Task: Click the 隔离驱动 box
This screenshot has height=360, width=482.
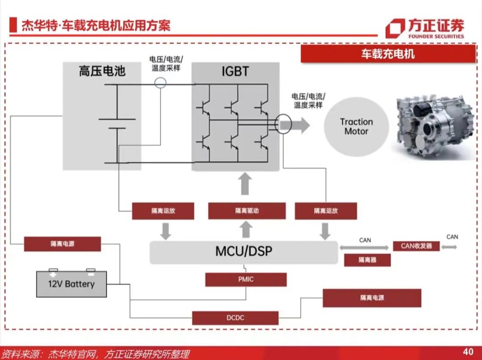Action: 247,211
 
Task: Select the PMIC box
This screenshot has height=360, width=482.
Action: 245,280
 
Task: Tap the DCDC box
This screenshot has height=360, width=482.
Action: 235,318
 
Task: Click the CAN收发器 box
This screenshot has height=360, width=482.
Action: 416,246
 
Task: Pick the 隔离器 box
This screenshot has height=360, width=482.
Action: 367,260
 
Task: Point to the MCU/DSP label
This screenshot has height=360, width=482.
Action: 243,251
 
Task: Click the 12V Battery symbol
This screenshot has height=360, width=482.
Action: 71,284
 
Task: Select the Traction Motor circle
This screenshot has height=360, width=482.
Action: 356,127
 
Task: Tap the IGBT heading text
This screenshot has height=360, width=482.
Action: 235,71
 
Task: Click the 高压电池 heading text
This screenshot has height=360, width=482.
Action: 102,71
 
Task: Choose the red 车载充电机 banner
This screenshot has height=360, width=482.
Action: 388,54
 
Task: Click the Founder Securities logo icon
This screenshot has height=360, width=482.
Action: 395,28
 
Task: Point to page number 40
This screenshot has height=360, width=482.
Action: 468,352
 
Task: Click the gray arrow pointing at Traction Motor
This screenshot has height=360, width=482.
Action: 301,125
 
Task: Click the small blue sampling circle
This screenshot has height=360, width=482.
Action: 160,82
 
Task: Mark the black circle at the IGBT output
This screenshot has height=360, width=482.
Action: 283,124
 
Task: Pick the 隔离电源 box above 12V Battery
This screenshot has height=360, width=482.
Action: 62,244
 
